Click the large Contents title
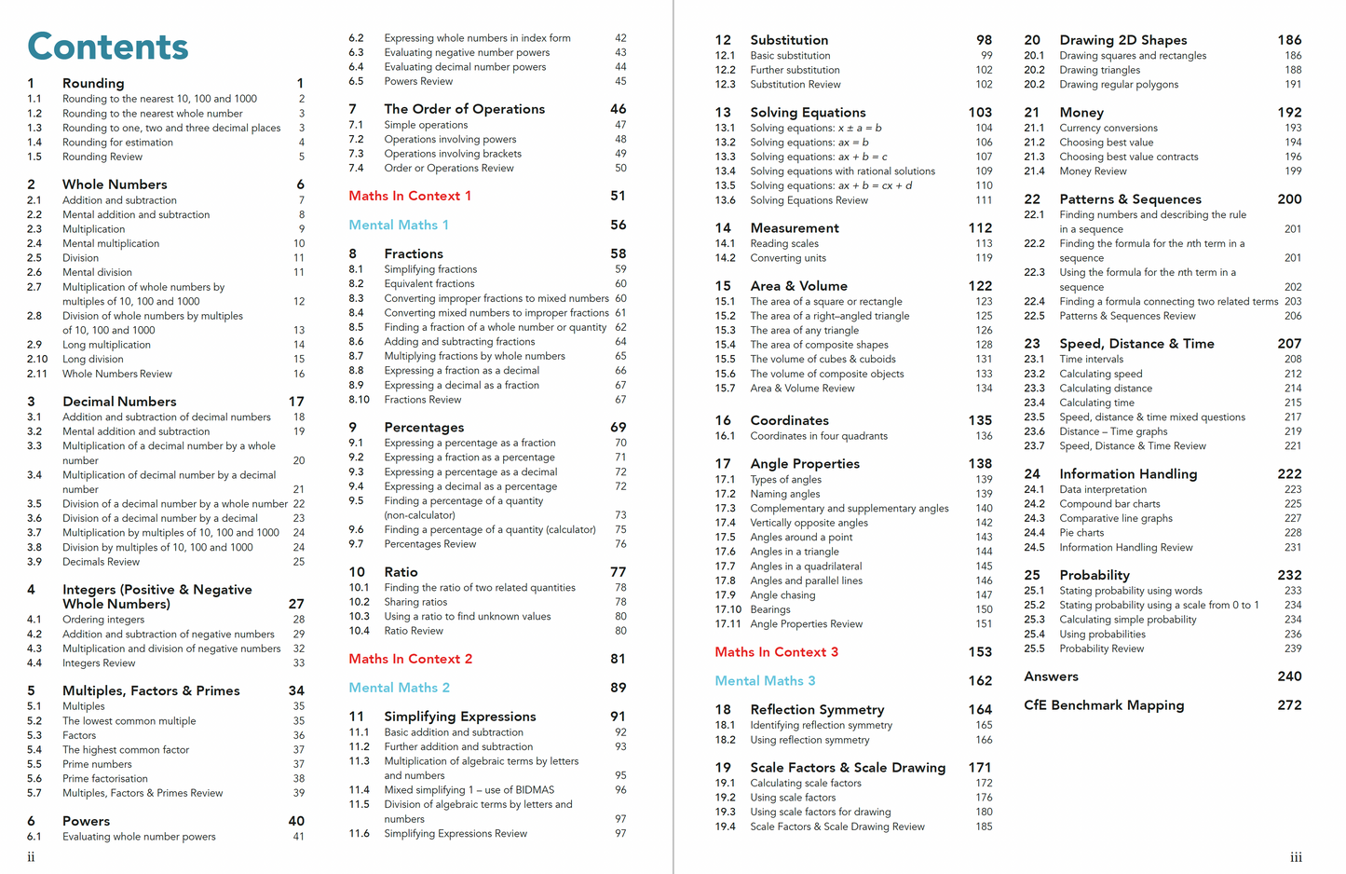pyautogui.click(x=108, y=47)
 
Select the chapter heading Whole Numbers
pyautogui.click(x=115, y=184)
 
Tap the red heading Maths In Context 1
pyautogui.click(x=410, y=196)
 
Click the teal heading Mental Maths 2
pyautogui.click(x=399, y=688)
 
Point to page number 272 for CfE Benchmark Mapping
pyautogui.click(x=1289, y=705)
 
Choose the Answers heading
pyautogui.click(x=1051, y=676)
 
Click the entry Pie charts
pyautogui.click(x=1081, y=533)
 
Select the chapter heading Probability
pyautogui.click(x=1094, y=575)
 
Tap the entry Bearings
pyautogui.click(x=770, y=609)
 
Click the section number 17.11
pyautogui.click(x=727, y=624)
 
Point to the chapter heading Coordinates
pyautogui.click(x=789, y=420)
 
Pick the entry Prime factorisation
pyautogui.click(x=105, y=779)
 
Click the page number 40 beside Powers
pyautogui.click(x=296, y=821)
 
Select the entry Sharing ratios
pyautogui.click(x=415, y=602)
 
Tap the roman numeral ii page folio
pyautogui.click(x=31, y=857)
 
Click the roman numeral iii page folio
pyautogui.click(x=1296, y=857)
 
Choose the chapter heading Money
pyautogui.click(x=1081, y=112)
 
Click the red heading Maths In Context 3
pyautogui.click(x=776, y=652)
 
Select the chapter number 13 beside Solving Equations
pyautogui.click(x=723, y=112)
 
